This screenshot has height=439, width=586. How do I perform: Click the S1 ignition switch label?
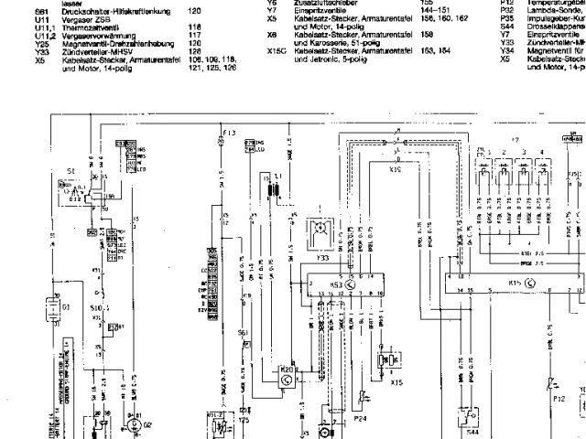pos(71,172)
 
